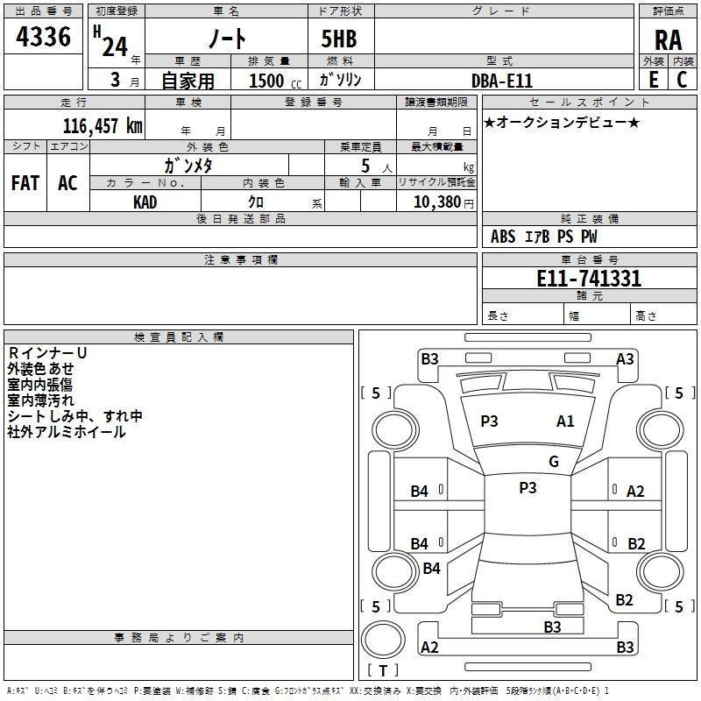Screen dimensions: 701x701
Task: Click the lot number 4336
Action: point(43,36)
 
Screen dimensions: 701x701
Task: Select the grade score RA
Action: point(669,40)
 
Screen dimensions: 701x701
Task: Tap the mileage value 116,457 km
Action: point(103,125)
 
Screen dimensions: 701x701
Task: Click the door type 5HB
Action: point(339,39)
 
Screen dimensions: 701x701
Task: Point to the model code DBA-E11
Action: point(502,81)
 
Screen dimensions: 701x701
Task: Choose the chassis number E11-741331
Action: point(589,279)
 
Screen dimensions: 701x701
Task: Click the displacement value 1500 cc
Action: point(275,81)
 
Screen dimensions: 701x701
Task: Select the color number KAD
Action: point(145,202)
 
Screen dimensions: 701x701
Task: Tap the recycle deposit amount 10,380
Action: point(437,202)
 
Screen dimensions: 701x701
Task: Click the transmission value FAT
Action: point(25,182)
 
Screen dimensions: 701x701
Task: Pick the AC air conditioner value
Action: point(67,182)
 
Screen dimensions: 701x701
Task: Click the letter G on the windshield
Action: point(554,461)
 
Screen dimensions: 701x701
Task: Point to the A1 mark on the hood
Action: point(565,421)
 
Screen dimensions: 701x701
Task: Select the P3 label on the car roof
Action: point(528,487)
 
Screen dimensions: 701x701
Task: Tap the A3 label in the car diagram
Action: point(625,359)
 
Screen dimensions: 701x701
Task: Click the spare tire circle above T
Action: point(383,640)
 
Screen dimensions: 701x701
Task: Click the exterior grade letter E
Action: point(654,80)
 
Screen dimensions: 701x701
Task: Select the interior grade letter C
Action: point(682,80)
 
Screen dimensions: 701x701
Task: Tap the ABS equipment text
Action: point(503,237)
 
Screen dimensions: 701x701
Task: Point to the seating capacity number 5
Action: point(365,166)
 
